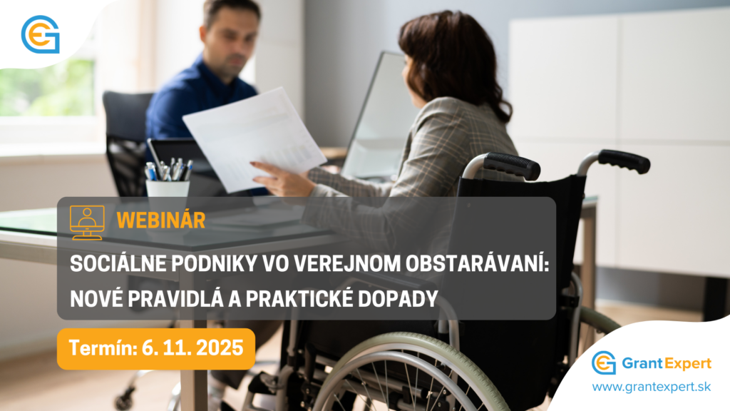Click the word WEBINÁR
coord(160,220)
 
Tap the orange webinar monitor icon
coord(87,223)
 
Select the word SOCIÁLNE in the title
coord(118,264)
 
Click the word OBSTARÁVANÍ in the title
coord(477,264)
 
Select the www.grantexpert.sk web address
coord(652,387)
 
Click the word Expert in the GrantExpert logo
coord(687,364)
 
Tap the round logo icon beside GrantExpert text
coord(604,363)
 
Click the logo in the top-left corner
coord(41,34)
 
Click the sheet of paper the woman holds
coord(254,138)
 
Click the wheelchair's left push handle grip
coord(511,165)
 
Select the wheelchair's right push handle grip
coord(624,161)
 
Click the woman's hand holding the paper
coord(281,178)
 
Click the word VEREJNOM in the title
coord(347,264)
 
